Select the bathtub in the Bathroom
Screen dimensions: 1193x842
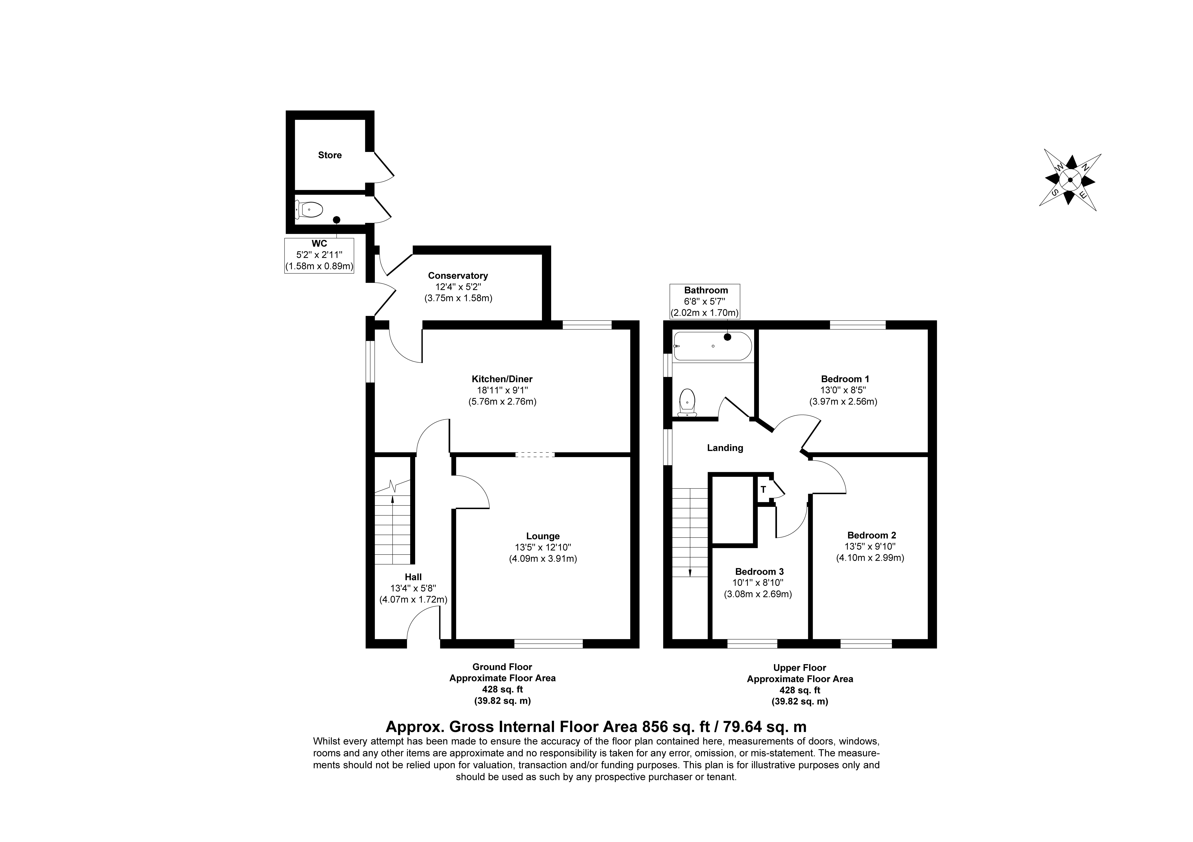pos(712,346)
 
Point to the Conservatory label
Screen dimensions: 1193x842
pos(458,276)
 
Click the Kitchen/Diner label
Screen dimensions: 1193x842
pos(502,379)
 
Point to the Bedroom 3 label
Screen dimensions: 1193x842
pos(759,572)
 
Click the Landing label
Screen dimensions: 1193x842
pos(725,448)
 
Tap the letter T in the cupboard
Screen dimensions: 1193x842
pos(763,489)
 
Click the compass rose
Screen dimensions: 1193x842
pos(1070,180)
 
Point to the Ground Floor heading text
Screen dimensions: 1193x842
pos(502,667)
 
